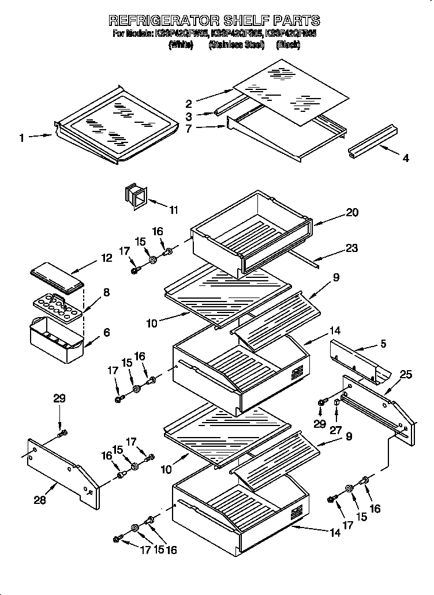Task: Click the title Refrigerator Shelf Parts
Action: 214,21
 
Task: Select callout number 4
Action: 406,158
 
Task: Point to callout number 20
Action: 352,213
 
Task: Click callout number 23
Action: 351,248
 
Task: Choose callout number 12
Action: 107,258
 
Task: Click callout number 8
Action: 106,292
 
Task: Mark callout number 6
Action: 107,333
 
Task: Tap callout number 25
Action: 406,375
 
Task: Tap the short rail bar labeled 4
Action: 372,140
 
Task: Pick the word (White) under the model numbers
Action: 180,44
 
